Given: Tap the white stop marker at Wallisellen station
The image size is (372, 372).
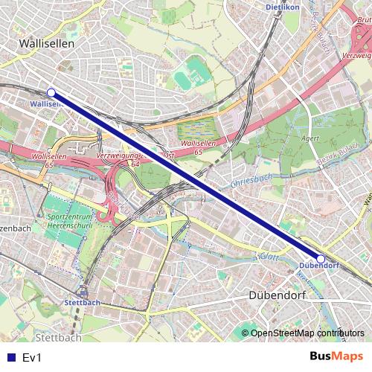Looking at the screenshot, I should (51, 92).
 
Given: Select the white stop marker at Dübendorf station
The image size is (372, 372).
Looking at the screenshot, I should (321, 259).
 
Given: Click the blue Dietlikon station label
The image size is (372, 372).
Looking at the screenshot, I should (281, 7).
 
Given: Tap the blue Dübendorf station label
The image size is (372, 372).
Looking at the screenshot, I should (318, 266).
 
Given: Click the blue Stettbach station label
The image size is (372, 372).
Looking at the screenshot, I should (82, 303).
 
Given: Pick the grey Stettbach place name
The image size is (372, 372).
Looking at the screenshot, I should (58, 337).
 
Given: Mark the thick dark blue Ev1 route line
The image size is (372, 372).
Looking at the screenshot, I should (186, 176).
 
